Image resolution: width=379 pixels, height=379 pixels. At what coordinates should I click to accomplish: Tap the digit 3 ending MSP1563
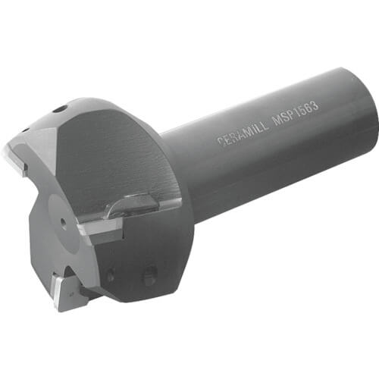(x=315, y=106)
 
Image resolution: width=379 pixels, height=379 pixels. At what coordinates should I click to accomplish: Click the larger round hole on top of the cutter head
(x=61, y=110)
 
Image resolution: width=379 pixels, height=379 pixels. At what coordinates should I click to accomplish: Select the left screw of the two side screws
(x=111, y=275)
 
